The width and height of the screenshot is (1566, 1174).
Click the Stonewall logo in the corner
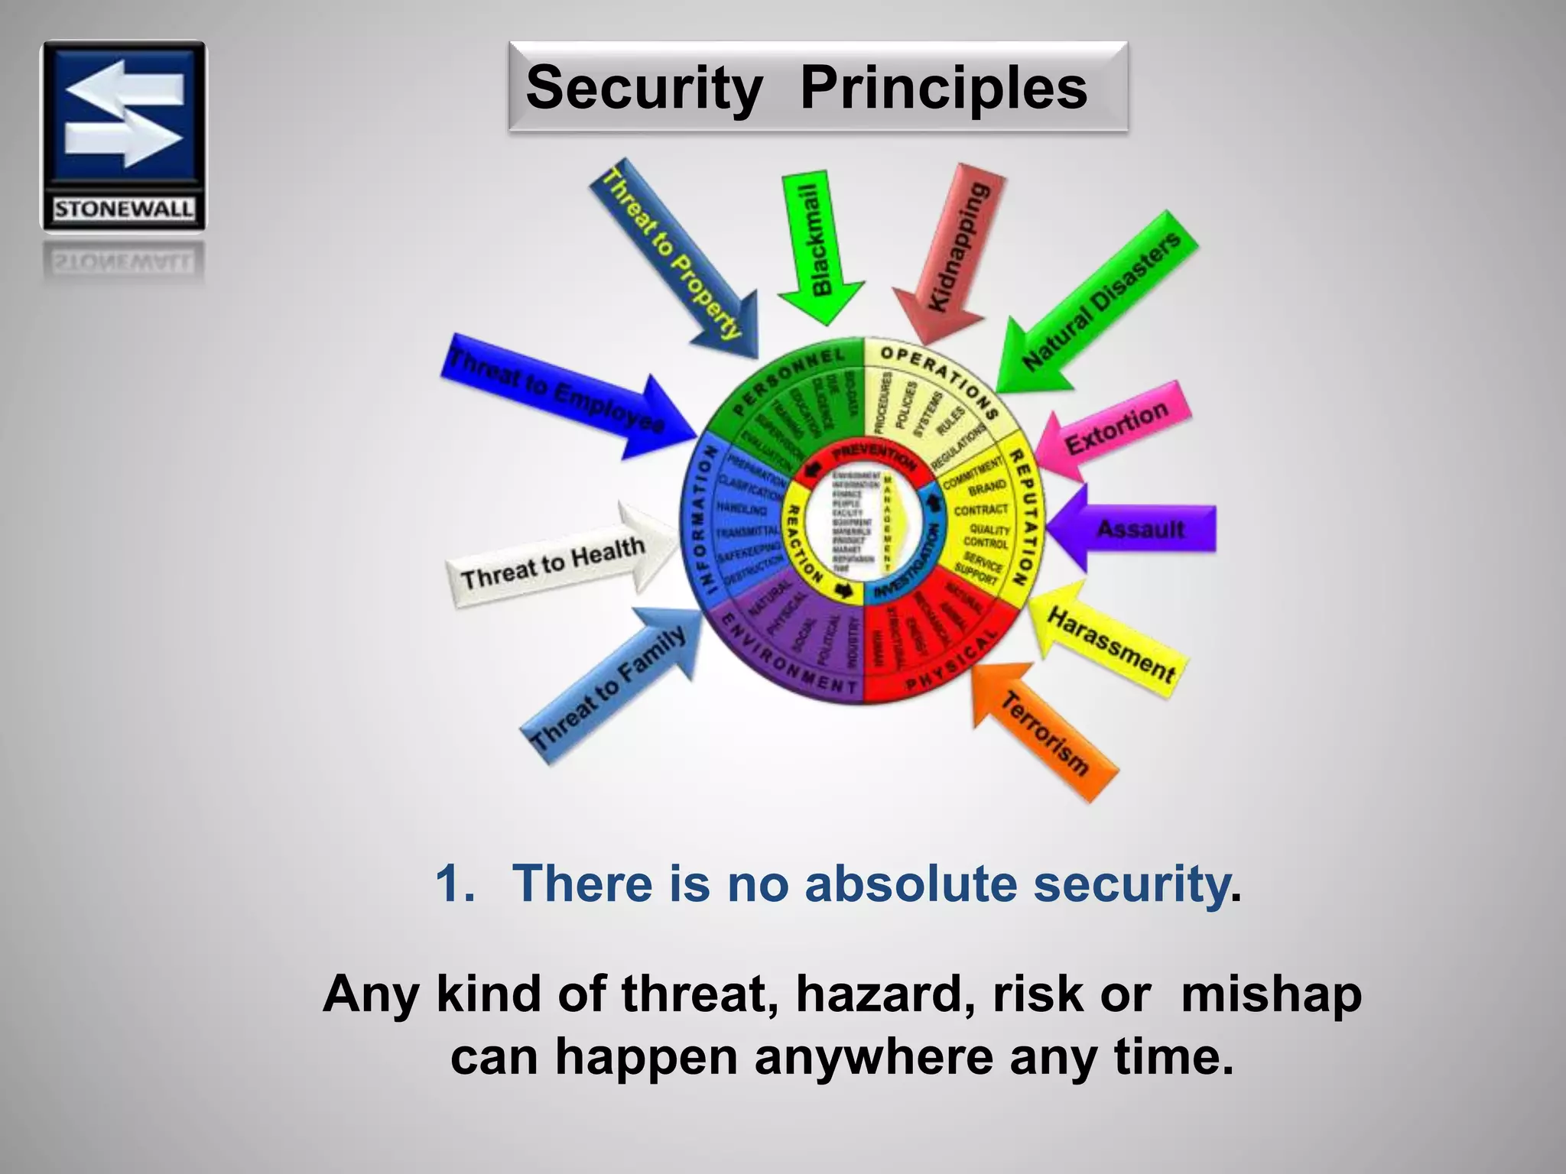[123, 135]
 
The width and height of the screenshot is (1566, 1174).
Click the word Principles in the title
[943, 88]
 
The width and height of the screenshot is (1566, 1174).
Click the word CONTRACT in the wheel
[982, 510]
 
